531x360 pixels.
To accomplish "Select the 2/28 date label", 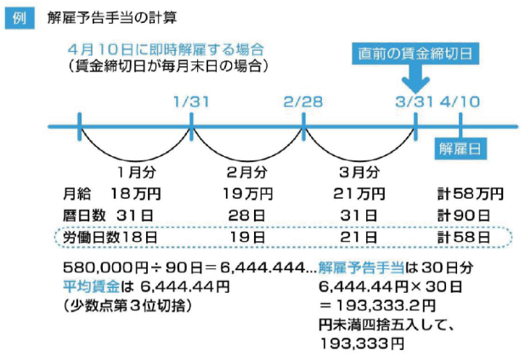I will [x=304, y=101].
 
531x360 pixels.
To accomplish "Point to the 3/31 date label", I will [x=415, y=101].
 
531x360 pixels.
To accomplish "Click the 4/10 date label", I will [x=461, y=101].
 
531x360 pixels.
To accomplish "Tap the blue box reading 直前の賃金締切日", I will [x=415, y=53].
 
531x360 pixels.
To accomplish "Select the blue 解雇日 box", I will [x=461, y=148].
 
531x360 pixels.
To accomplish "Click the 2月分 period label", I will [x=247, y=172].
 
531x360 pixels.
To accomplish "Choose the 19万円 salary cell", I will [x=247, y=194].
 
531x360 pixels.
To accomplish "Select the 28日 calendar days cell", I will [x=247, y=216].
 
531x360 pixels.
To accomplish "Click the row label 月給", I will [x=76, y=194].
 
